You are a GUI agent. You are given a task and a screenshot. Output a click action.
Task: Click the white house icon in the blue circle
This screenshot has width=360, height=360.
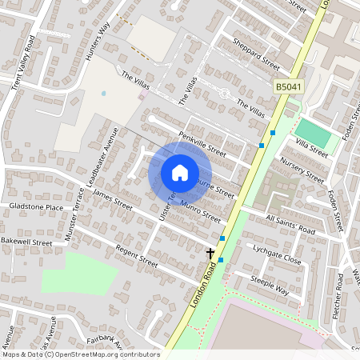point(180,172)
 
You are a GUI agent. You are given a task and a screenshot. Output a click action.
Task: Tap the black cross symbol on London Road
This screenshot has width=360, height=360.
point(210,253)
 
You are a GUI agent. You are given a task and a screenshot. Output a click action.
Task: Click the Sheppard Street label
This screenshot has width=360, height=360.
point(256,54)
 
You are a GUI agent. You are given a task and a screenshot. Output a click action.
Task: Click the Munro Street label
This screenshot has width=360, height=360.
point(200,211)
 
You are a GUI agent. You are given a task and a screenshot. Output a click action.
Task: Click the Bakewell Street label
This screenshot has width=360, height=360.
point(26,241)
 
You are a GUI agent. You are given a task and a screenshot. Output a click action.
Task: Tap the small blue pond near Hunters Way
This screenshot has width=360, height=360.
point(103,94)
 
